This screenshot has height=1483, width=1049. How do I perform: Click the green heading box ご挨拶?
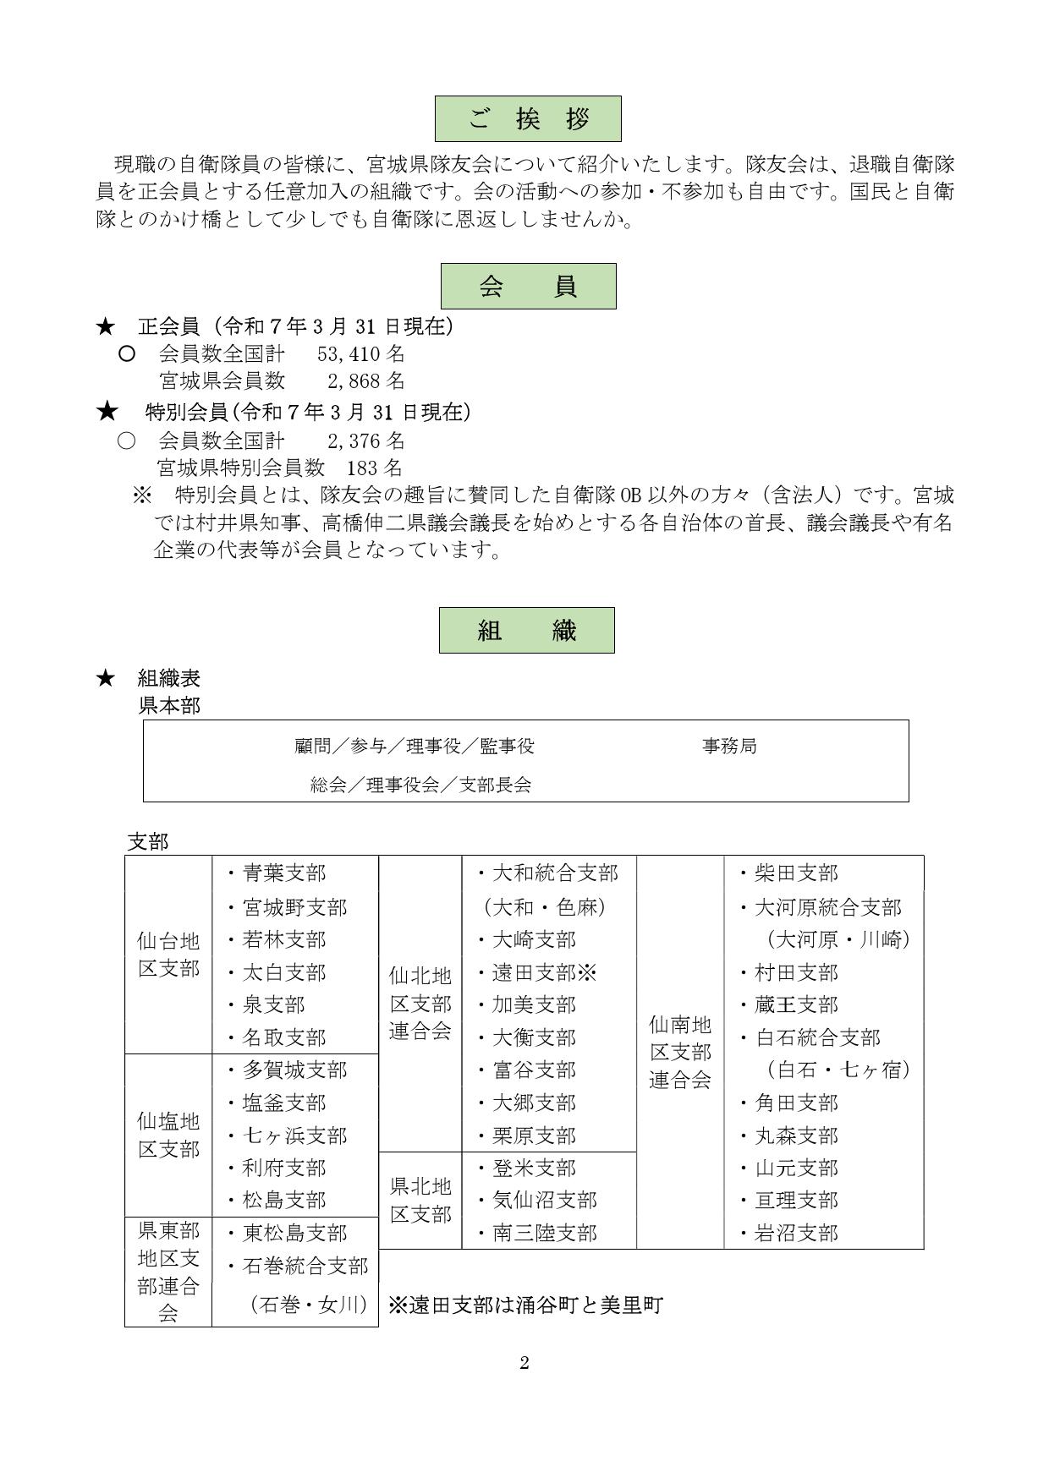[528, 118]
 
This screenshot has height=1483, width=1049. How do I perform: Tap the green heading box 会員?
[528, 286]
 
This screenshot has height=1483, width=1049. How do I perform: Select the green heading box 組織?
[526, 630]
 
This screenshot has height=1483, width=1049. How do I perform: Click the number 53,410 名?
[360, 353]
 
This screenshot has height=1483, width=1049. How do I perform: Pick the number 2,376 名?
[365, 441]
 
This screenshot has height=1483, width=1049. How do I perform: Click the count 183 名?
[374, 468]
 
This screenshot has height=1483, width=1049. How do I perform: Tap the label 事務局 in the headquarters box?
[729, 746]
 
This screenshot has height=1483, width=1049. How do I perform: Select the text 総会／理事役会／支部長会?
[420, 785]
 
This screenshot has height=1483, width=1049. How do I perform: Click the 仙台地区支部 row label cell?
[168, 955]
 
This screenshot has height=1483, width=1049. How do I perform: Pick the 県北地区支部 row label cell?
[420, 1201]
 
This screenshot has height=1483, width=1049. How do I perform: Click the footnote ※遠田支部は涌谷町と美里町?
[524, 1305]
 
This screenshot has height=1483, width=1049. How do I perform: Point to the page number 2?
[524, 1363]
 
